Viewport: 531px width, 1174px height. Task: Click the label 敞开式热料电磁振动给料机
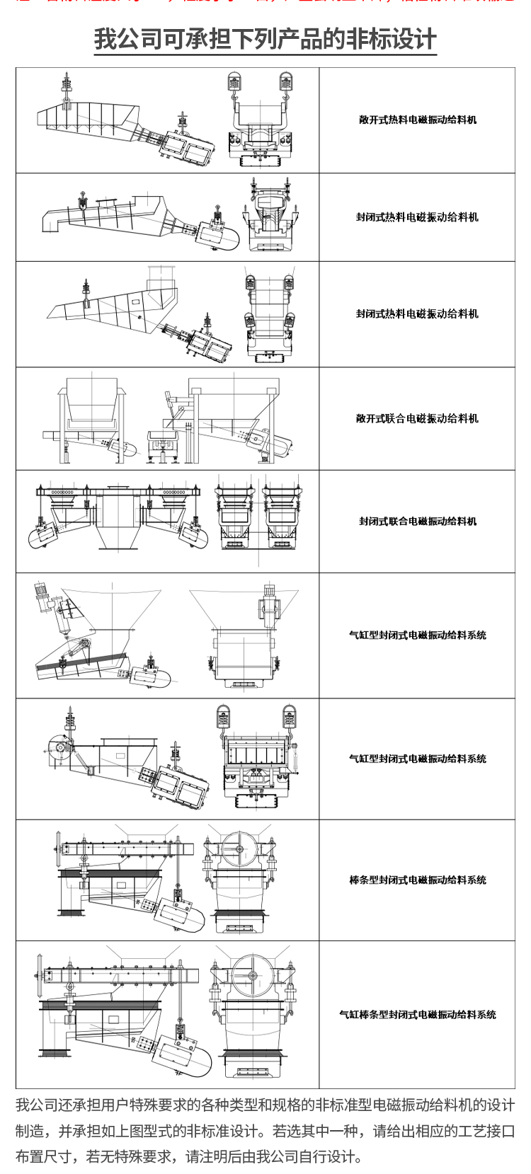point(417,120)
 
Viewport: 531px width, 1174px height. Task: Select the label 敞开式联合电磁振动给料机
point(417,418)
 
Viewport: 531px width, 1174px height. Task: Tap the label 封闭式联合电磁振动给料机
point(417,522)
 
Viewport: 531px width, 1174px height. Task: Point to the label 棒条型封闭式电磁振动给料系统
point(417,880)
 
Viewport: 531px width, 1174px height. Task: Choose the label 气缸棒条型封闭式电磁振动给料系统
point(417,1015)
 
